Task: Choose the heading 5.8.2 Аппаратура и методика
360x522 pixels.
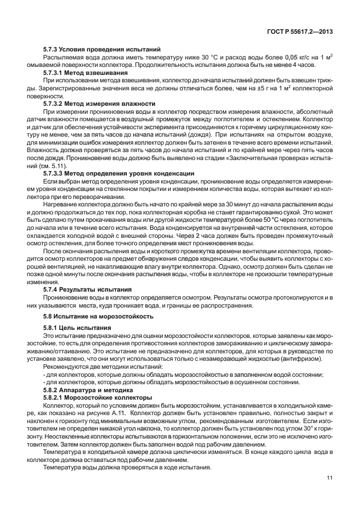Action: pyautogui.click(x=85, y=388)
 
